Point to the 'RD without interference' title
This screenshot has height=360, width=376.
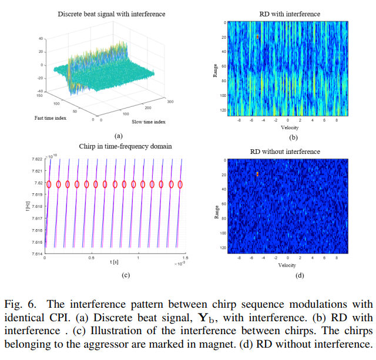click(x=285, y=152)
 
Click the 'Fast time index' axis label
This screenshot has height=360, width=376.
click(x=50, y=117)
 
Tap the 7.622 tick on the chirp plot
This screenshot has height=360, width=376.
click(x=35, y=159)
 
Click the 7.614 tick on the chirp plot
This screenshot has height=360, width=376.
click(x=35, y=254)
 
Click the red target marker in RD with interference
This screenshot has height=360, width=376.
click(x=257, y=37)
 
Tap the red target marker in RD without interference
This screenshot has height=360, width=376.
click(x=257, y=174)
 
